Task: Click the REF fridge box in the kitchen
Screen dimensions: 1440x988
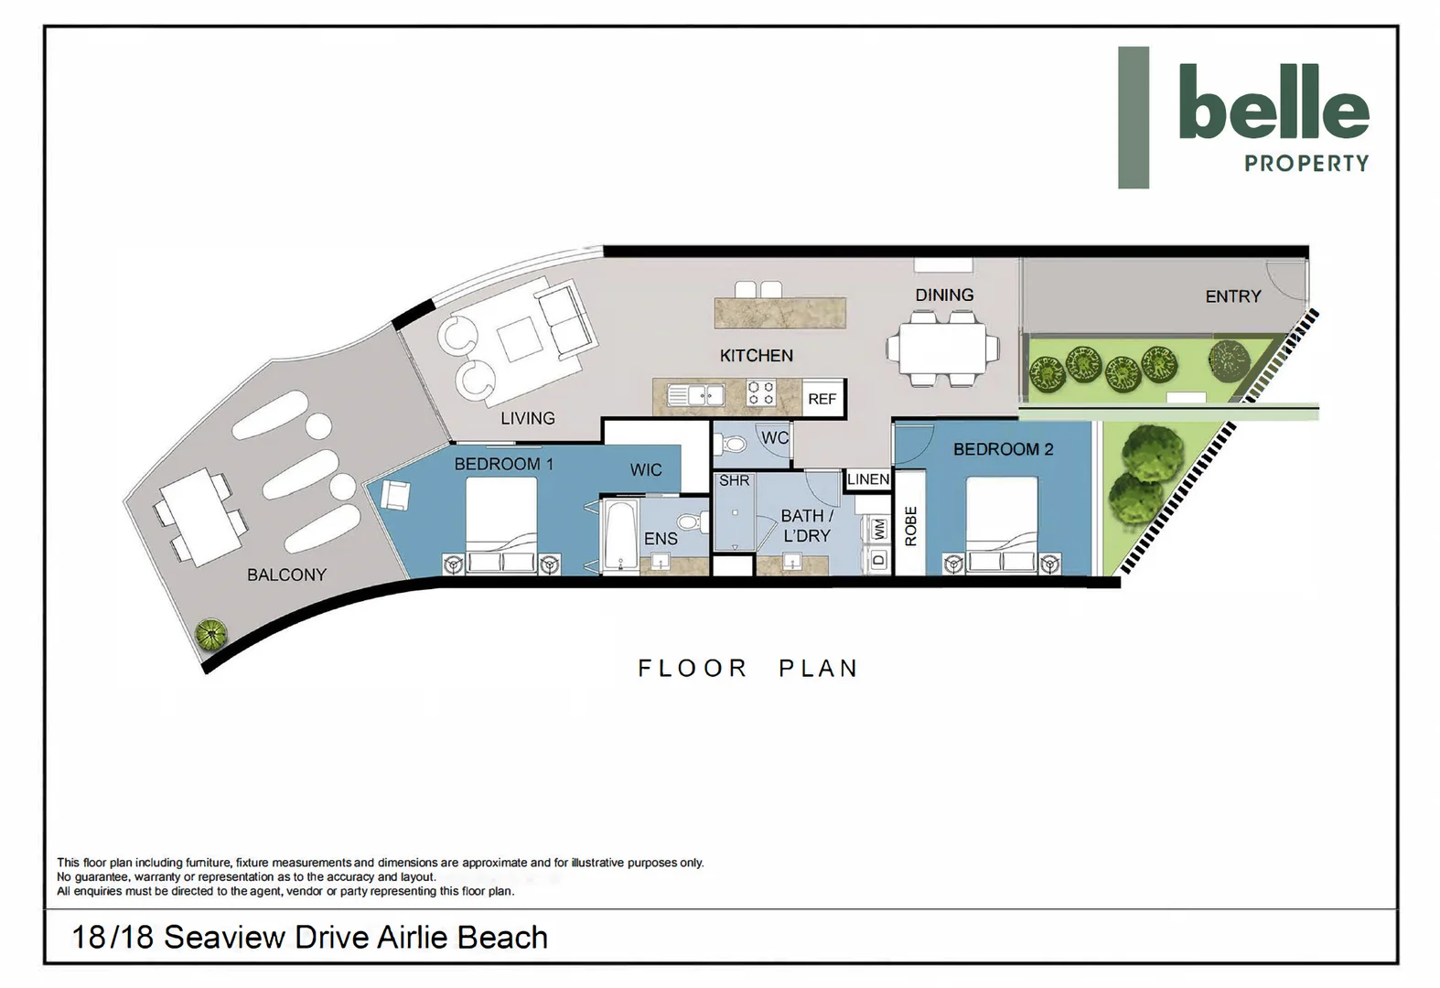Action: [822, 399]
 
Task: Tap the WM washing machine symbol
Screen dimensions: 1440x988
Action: [879, 529]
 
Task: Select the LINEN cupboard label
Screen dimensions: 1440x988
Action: [868, 478]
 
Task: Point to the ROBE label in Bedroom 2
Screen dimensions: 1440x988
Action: [910, 526]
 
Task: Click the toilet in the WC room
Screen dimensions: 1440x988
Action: [732, 444]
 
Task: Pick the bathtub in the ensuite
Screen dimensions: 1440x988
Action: [620, 537]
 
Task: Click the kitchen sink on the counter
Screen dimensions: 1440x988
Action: [695, 394]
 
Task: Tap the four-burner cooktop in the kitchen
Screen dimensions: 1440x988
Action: [761, 392]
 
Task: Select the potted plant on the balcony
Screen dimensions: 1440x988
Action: [210, 634]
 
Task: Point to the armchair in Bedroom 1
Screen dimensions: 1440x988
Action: [394, 496]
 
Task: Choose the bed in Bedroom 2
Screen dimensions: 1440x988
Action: [1002, 525]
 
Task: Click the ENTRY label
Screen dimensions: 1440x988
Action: [1233, 296]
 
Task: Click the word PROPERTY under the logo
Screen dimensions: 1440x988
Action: [1306, 163]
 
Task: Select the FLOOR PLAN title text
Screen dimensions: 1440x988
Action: [747, 669]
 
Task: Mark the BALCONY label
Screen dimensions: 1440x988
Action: [286, 575]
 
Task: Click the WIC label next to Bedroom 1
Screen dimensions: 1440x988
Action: [645, 470]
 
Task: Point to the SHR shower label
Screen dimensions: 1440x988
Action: [734, 481]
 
